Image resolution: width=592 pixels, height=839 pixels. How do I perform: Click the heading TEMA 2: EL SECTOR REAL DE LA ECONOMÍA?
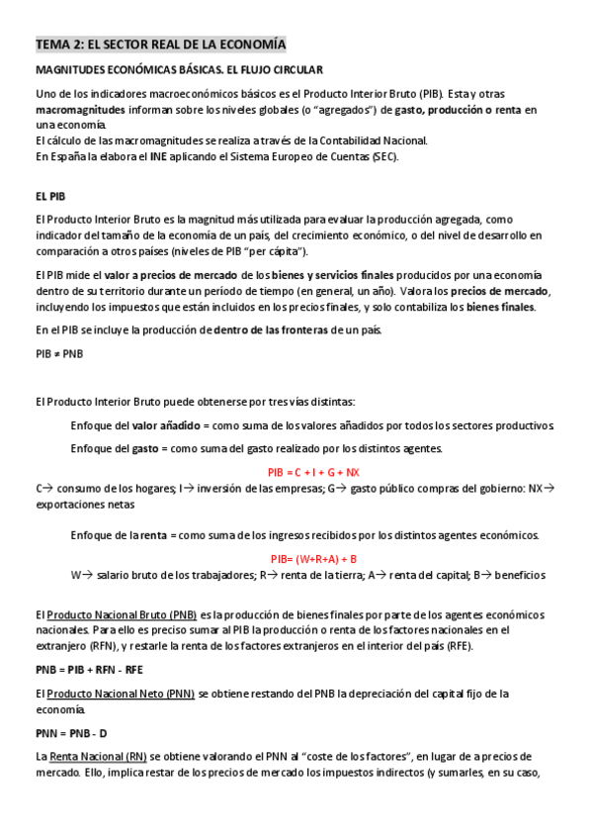point(160,46)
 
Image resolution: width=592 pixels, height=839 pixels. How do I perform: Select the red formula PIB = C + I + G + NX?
point(313,472)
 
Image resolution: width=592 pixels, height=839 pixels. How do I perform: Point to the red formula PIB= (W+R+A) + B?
point(313,559)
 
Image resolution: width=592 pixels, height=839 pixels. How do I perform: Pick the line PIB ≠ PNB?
point(59,353)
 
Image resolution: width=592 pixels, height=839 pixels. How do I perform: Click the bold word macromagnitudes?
point(82,110)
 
